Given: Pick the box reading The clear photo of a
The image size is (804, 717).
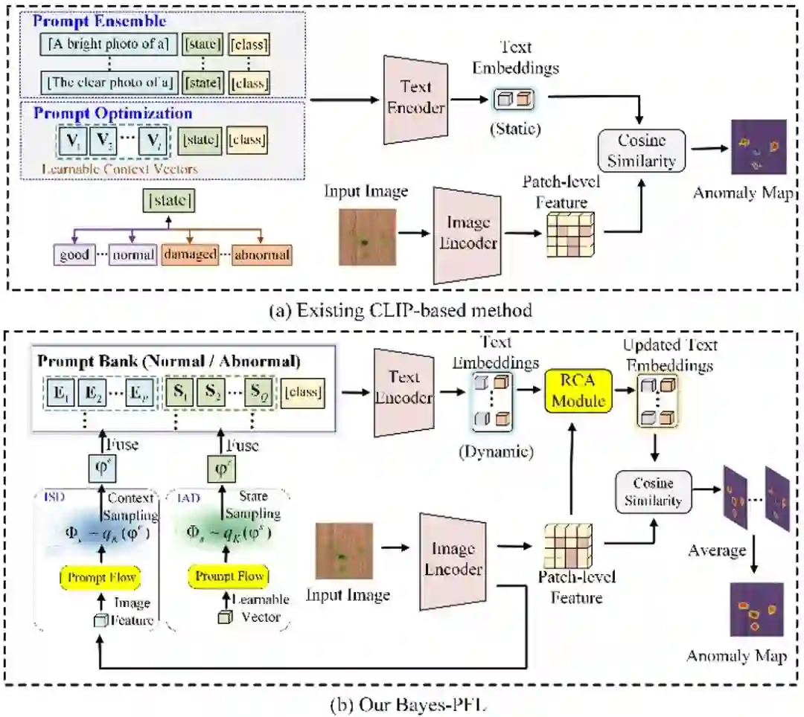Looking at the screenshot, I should [109, 81].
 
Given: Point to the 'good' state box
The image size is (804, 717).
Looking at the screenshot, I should [74, 255].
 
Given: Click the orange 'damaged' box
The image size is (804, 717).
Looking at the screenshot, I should [189, 255].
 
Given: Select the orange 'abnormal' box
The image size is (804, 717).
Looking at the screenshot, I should [261, 255].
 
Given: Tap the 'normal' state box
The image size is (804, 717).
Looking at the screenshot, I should [133, 255].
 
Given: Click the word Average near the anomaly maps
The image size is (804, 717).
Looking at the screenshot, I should [717, 550].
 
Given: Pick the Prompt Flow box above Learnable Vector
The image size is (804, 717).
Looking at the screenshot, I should [230, 576].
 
